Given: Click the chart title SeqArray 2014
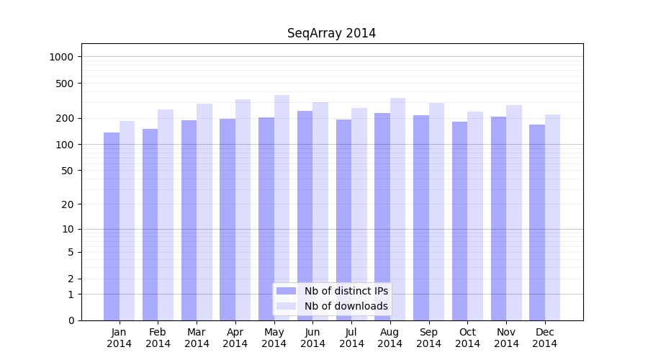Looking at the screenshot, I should (x=331, y=33).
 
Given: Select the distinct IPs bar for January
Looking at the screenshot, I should (x=112, y=226).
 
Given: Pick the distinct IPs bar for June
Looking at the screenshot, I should (x=305, y=215).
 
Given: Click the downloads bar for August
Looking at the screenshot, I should (x=397, y=209).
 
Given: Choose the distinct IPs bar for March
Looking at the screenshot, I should (x=189, y=220).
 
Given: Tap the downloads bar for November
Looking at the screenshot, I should (x=514, y=212).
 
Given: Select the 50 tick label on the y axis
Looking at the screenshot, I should (x=68, y=171).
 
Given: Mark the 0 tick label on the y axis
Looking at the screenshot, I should (x=71, y=320).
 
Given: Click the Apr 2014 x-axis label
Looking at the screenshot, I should (x=235, y=338).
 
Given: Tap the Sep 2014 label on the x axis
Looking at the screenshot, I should (x=428, y=338).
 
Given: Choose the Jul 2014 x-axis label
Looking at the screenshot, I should (x=351, y=338).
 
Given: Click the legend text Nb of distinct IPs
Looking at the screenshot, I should (x=346, y=291).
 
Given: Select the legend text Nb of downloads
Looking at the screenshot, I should (x=346, y=306).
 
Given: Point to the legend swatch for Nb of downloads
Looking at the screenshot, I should (x=286, y=306).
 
